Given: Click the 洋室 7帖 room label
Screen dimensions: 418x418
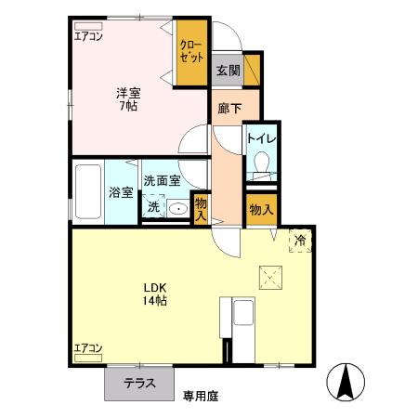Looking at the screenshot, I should click(128, 99).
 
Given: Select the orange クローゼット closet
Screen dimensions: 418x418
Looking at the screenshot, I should click(192, 51).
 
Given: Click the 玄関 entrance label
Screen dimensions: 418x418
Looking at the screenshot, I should click(229, 71).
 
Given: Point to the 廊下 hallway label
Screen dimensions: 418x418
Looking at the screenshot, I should click(229, 109).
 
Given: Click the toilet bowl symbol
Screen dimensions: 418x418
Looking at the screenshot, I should click(261, 164).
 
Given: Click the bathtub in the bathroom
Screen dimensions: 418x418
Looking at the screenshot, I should click(89, 192).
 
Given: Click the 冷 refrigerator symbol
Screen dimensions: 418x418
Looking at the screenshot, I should click(300, 241).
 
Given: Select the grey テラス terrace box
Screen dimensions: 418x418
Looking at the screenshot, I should click(137, 383).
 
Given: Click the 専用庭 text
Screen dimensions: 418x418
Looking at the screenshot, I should click(200, 396).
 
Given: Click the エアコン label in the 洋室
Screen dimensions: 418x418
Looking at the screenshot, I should click(89, 36).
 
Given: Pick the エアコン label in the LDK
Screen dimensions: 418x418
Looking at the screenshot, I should click(89, 348).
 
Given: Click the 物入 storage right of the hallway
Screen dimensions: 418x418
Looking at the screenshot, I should click(261, 210).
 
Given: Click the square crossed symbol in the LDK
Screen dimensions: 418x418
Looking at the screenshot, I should click(270, 275).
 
